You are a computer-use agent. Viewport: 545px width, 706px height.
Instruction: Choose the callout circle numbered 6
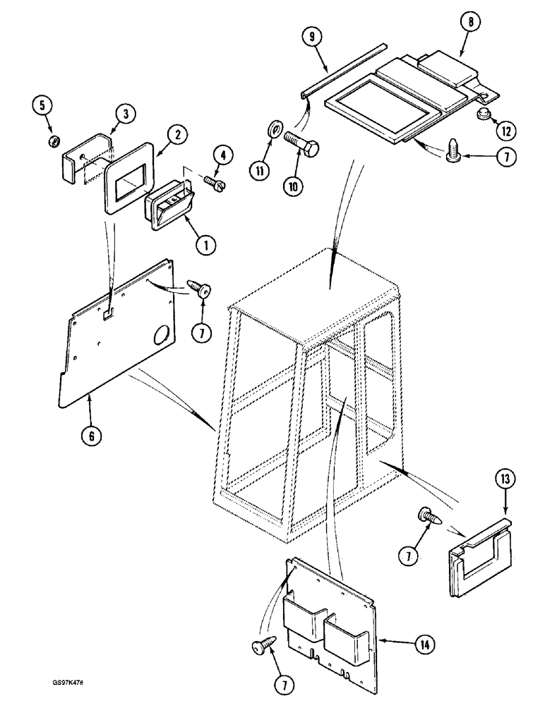coord(90,436)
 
